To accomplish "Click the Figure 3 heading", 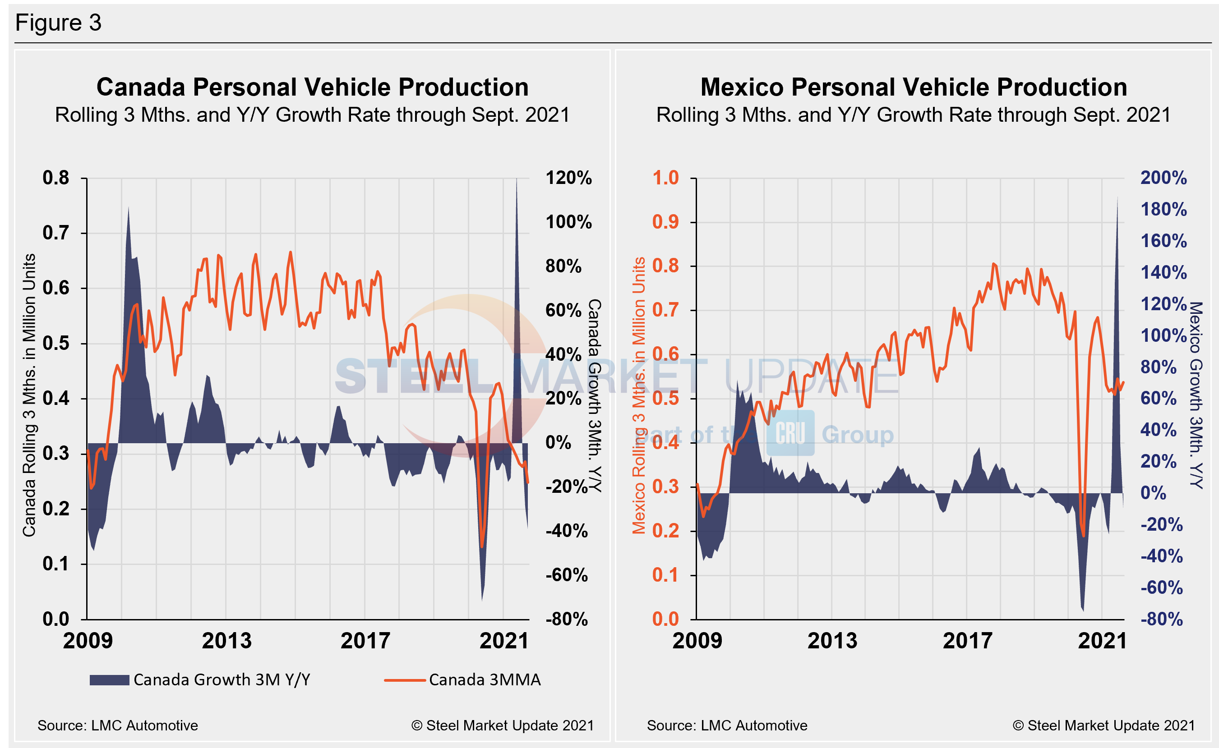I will point(58,23).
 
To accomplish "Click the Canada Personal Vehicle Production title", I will point(312,87).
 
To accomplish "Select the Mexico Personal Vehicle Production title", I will point(914,87).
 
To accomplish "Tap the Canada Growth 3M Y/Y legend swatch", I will point(109,680).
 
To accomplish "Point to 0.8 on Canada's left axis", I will point(55,178).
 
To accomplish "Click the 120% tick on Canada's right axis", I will point(568,178).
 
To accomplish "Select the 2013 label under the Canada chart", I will point(226,641).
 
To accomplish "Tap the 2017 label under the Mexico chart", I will point(967,641).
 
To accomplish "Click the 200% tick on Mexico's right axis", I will point(1163,178).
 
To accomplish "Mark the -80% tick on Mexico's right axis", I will point(1161,620).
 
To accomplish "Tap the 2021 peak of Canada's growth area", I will point(517,180).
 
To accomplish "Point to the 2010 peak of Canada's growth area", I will point(129,209).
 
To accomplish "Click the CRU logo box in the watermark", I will point(790,433).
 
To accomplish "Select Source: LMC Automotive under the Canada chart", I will point(118,726).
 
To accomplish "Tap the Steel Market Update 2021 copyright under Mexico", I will point(1104,726).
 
